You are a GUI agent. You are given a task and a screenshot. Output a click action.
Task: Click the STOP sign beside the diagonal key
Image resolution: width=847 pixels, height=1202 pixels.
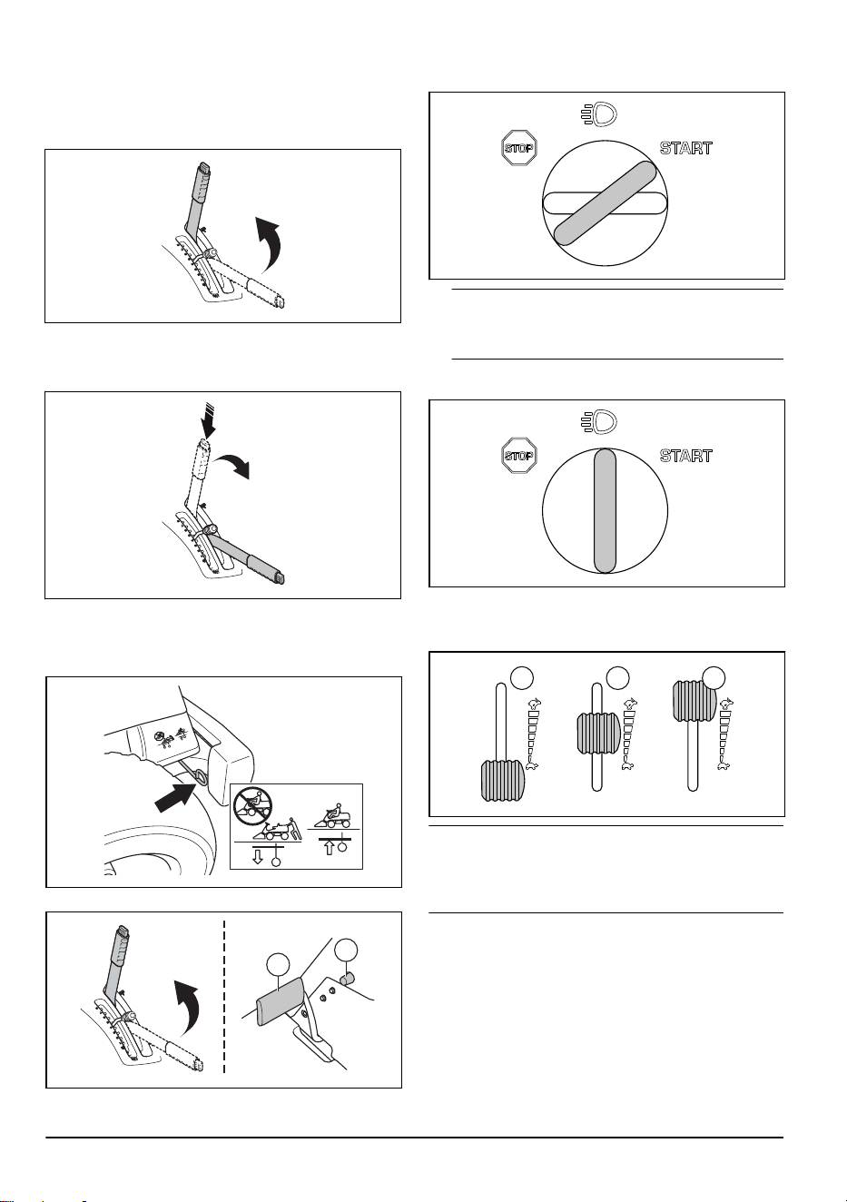[519, 148]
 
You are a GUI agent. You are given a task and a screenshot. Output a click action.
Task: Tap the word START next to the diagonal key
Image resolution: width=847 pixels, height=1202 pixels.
[686, 148]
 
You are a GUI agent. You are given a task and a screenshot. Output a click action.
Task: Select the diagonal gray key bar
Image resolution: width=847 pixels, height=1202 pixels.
[605, 203]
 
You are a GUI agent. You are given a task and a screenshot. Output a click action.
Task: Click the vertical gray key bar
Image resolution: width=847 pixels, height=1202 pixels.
[605, 511]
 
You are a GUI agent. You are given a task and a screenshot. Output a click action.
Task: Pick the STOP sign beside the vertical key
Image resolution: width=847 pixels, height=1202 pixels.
[519, 456]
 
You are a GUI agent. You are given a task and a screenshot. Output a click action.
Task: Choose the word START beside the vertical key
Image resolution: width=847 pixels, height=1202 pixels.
[686, 456]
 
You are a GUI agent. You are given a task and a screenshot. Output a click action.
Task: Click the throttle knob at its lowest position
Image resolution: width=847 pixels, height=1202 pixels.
[502, 781]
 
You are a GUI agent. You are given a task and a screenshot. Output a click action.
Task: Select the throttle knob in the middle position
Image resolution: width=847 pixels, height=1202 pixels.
[598, 733]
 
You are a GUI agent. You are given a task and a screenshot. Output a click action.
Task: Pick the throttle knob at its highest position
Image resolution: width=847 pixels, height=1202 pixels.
[694, 701]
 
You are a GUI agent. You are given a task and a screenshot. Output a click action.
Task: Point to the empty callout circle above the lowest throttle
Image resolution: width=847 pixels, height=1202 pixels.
[521, 678]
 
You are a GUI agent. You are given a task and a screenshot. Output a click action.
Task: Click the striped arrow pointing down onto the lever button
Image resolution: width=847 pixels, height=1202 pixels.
[209, 423]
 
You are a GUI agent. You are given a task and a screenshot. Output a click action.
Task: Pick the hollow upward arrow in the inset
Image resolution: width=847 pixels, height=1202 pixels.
[329, 847]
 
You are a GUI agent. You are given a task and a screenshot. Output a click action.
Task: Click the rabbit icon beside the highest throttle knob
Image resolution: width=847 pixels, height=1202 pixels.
[727, 704]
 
